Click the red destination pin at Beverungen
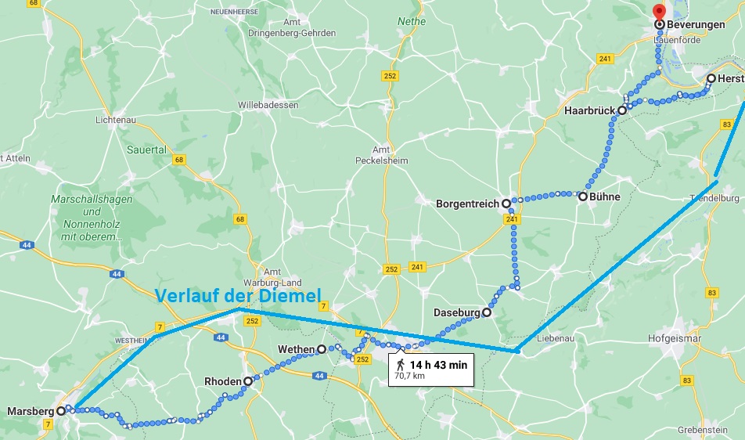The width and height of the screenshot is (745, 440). point(659,12)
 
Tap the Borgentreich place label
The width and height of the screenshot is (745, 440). point(467,204)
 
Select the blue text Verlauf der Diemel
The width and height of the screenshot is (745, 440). point(238,297)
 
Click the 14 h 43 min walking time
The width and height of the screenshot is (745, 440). point(437,364)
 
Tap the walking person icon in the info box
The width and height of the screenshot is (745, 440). point(401,365)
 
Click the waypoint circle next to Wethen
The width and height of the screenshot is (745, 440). point(322,349)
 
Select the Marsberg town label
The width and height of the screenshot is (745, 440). point(30,411)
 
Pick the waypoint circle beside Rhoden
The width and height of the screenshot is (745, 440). point(248,382)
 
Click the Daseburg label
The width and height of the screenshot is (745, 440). point(456,313)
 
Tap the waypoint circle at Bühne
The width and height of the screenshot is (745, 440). point(583,197)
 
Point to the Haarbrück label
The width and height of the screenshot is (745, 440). point(589,111)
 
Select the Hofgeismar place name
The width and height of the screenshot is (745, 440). point(675,338)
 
